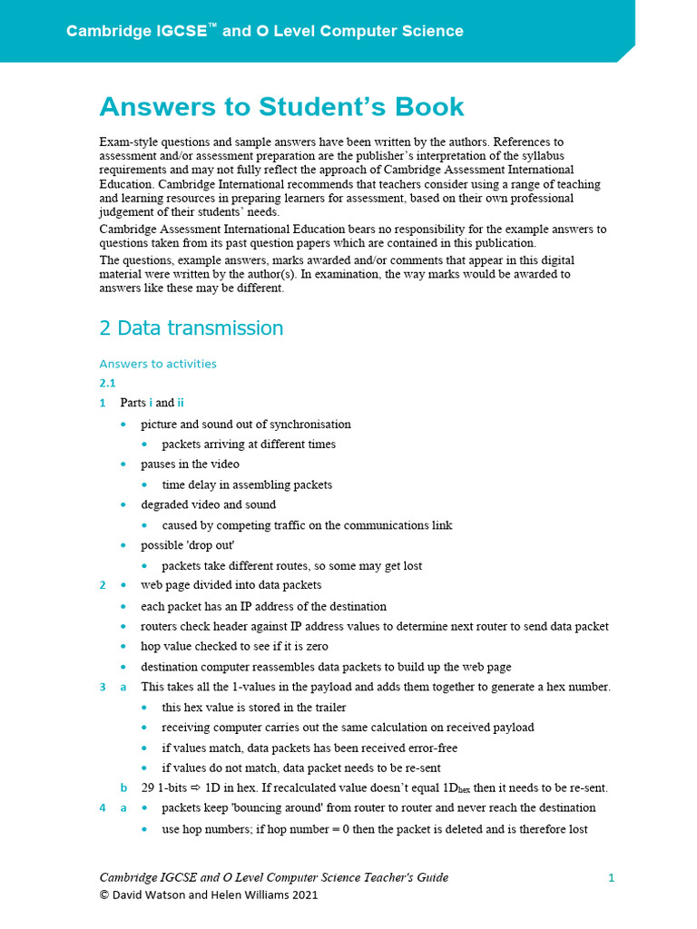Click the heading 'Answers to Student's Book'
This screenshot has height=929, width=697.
click(281, 107)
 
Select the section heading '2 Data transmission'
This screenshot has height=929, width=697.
click(191, 328)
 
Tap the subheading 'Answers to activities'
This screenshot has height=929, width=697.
click(158, 364)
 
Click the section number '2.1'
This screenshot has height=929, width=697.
click(107, 383)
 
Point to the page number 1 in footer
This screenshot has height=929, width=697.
click(612, 877)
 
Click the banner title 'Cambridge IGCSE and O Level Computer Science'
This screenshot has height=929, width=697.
click(264, 31)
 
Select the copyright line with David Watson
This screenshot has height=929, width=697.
click(209, 895)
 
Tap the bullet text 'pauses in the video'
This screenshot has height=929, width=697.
click(190, 464)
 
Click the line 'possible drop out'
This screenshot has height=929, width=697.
click(188, 545)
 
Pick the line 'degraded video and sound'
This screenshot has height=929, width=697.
click(208, 504)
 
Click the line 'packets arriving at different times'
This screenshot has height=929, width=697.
click(249, 444)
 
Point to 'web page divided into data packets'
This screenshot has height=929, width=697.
click(231, 585)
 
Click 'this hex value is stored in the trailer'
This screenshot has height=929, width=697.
click(254, 707)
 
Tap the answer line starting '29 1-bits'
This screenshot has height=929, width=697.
click(374, 787)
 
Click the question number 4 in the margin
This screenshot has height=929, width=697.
click(103, 807)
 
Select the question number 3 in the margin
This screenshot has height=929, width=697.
click(103, 687)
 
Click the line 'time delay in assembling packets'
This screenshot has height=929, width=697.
click(247, 484)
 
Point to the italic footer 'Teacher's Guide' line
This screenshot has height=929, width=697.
click(273, 877)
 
